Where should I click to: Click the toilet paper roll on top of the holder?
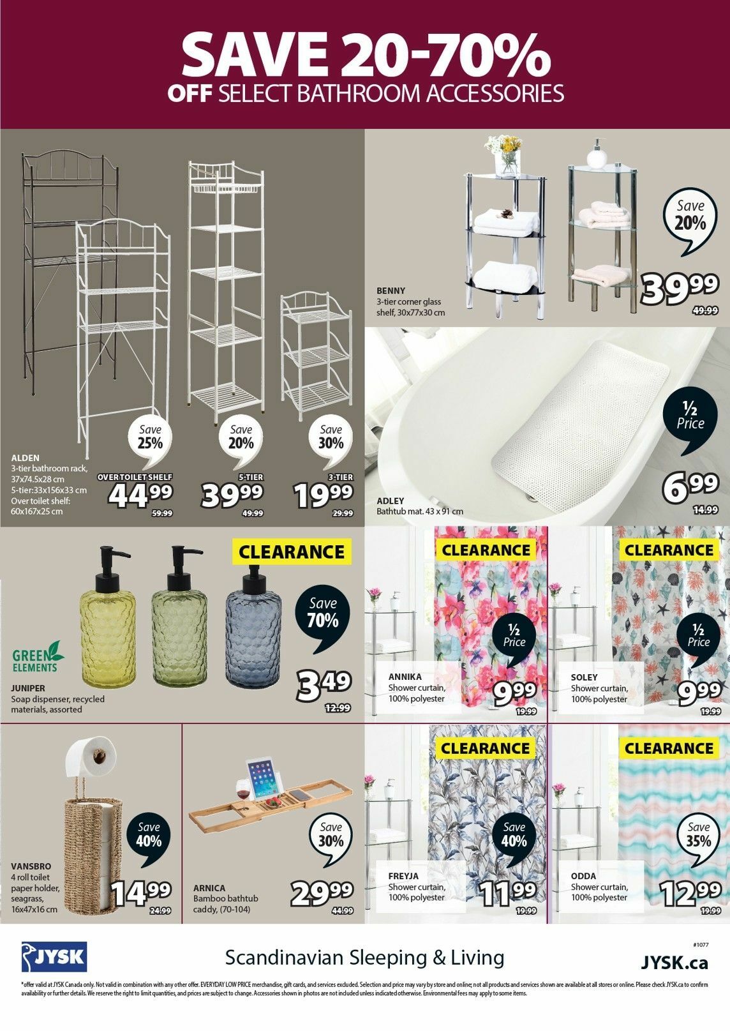click(x=91, y=755)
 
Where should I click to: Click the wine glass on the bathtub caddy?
click(x=243, y=792)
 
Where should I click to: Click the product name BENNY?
click(x=391, y=291)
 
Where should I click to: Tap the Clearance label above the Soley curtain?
click(x=669, y=550)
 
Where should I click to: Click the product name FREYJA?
click(x=403, y=877)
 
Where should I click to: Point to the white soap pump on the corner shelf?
click(x=597, y=154)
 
